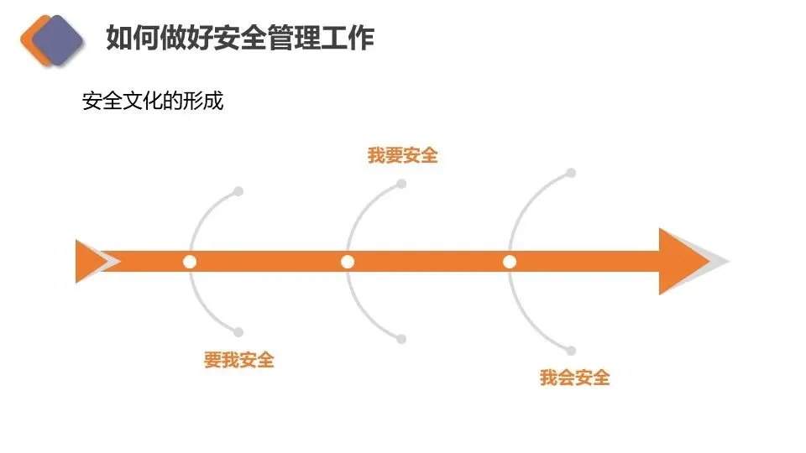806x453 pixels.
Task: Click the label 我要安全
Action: (x=403, y=156)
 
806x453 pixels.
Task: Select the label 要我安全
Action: (x=239, y=361)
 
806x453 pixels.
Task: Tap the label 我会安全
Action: (x=574, y=378)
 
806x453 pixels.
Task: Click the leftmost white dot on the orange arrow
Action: (x=190, y=262)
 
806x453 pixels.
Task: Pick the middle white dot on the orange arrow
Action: (x=348, y=262)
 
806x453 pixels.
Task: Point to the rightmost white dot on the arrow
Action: (x=510, y=262)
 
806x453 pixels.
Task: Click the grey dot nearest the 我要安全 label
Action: (x=401, y=184)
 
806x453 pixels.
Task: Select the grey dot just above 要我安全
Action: (x=238, y=332)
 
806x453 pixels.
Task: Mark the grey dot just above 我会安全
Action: (x=571, y=351)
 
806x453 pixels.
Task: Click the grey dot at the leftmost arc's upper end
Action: (x=238, y=191)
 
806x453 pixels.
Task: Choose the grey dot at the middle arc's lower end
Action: (x=401, y=339)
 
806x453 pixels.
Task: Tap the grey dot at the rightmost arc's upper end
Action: (x=571, y=173)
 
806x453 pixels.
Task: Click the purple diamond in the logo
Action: (x=57, y=39)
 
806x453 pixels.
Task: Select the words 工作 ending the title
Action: (x=353, y=38)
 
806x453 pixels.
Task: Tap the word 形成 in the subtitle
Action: (x=207, y=102)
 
